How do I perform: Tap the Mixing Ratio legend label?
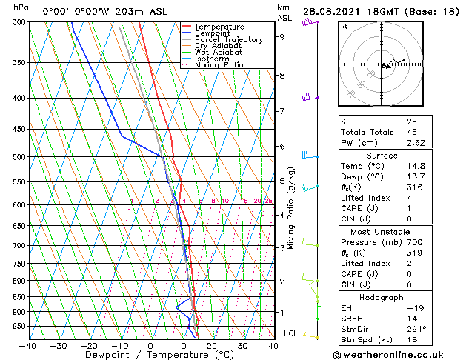pos(219,65)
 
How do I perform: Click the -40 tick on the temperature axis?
pos(27,346)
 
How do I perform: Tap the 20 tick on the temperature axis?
pos(212,346)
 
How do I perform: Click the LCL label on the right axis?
pos(291,333)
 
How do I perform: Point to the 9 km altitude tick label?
pos(282,36)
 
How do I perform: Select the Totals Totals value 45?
pos(411,132)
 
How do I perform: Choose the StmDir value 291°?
pos(416,329)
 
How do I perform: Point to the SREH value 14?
pos(411,318)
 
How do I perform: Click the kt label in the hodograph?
pos(344,26)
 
